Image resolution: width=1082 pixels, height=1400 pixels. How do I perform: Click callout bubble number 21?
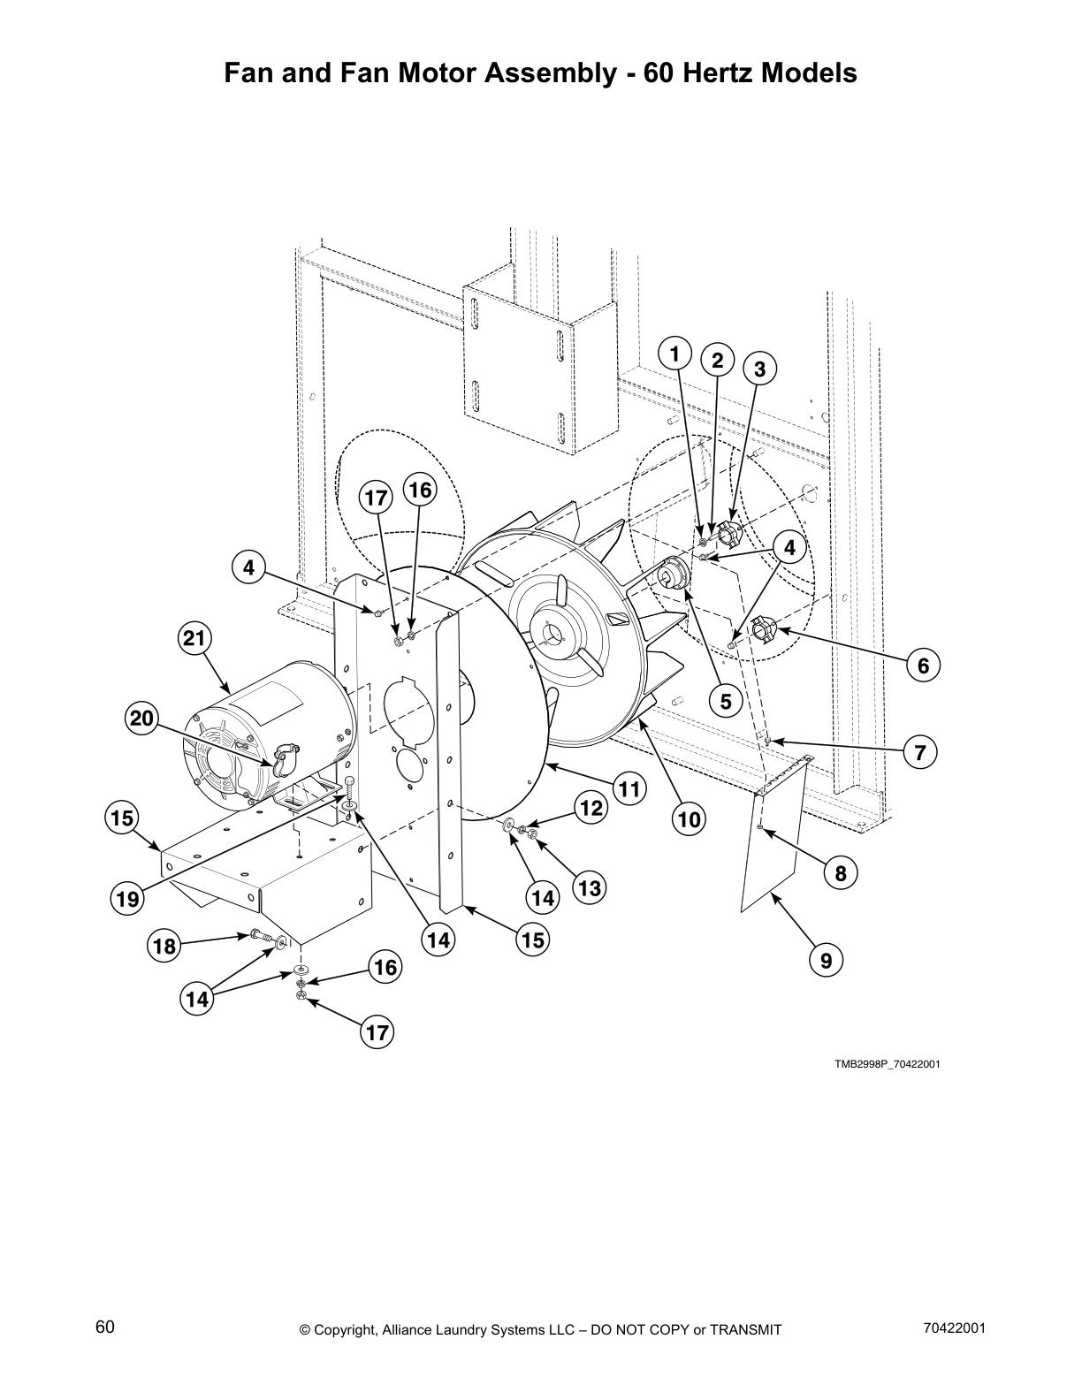coord(194,637)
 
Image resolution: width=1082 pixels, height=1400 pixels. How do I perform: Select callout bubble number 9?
coord(826,960)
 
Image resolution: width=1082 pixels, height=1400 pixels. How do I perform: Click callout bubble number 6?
coord(923,665)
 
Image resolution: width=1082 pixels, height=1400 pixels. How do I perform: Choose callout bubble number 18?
coord(164,947)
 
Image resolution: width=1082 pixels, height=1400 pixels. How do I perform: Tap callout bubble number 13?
coord(589,887)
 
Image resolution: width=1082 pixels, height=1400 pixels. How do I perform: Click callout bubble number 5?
coord(726,701)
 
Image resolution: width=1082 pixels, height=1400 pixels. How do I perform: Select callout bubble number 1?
coord(674,354)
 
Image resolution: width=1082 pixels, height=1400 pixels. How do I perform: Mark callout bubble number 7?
coord(919,753)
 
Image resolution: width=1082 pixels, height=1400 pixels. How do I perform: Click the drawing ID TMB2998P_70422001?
coord(887,1063)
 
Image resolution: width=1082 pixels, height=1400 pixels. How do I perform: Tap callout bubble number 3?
coord(759,369)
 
